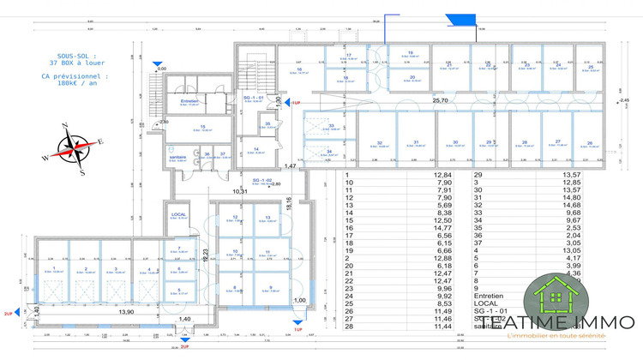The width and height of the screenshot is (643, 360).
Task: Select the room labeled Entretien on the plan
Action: pos(189,101)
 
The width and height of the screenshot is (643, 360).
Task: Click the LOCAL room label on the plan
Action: pos(179,214)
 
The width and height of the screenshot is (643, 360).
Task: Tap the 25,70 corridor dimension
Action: pos(441,100)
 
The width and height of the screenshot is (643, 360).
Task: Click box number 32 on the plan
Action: pos(379,143)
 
